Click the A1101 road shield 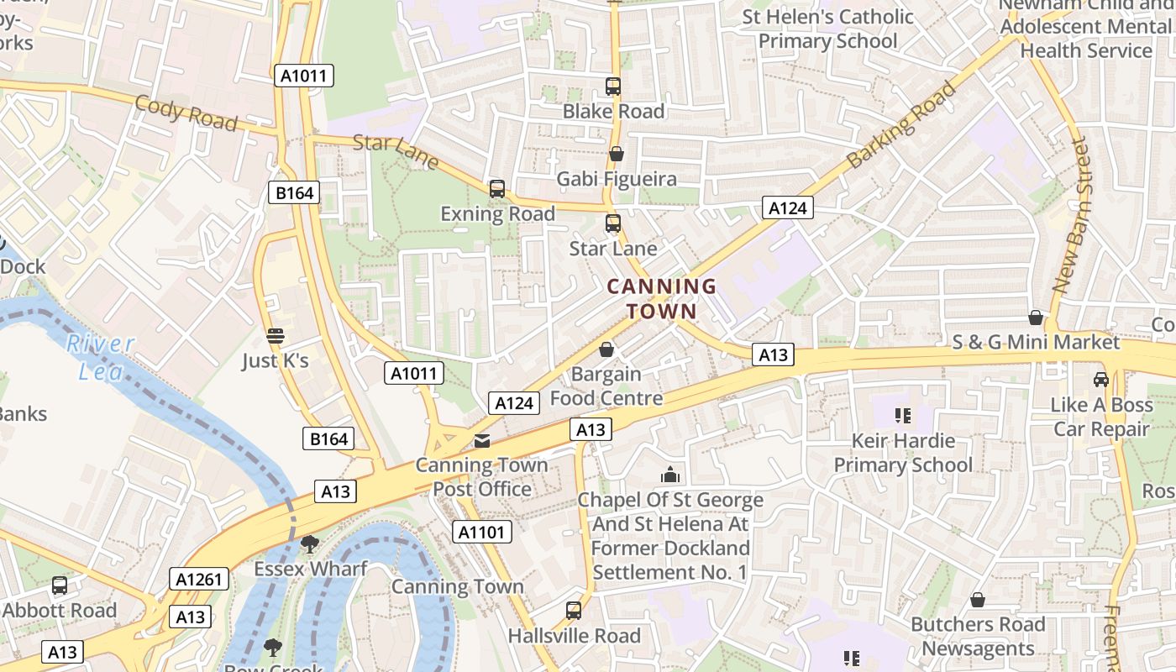point(482,532)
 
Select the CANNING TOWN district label point(662,299)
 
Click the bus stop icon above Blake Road point(613,87)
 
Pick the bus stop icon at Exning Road point(497,189)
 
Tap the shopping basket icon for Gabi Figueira point(617,154)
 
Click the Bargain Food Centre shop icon point(606,349)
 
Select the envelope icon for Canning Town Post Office point(482,441)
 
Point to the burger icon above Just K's point(276,336)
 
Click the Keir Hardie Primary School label point(903,453)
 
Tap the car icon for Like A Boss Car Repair point(1100,380)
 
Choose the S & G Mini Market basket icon point(1036,318)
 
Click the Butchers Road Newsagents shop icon point(978,600)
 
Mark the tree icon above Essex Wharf point(310,544)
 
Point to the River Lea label point(101,357)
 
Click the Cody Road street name point(186,113)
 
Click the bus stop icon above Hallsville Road point(574,611)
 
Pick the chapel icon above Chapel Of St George point(669,475)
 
